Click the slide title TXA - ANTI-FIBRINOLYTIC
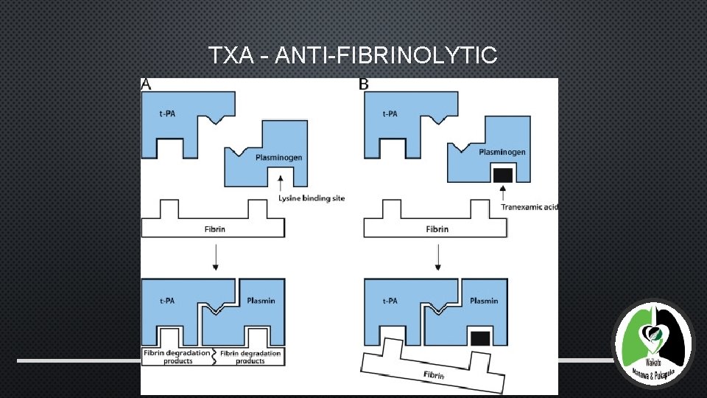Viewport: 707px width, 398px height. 353,55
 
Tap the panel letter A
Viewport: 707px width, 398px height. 146,85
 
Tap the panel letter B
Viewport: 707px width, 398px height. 364,85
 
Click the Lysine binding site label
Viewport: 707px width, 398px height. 312,198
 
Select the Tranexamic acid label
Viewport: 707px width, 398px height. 530,206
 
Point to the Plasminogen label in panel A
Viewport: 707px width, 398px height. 278,157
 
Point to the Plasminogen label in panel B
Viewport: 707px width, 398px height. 502,152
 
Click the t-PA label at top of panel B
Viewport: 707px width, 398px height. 390,114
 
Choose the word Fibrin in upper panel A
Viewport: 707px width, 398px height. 215,229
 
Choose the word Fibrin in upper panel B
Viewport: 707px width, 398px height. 437,229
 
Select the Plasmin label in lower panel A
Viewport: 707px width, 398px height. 261,300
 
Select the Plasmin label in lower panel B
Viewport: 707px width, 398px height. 484,301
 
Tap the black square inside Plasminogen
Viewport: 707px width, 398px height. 502,175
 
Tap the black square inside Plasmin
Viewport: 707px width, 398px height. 479,337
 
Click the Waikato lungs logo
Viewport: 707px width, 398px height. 653,343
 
